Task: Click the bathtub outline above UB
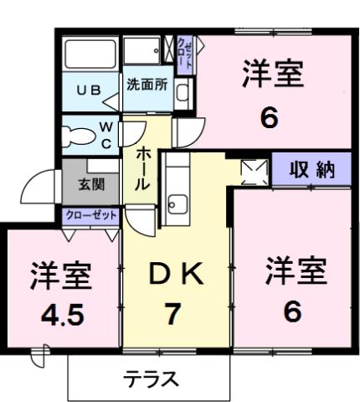pos(92,55)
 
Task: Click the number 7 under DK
pos(173,316)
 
